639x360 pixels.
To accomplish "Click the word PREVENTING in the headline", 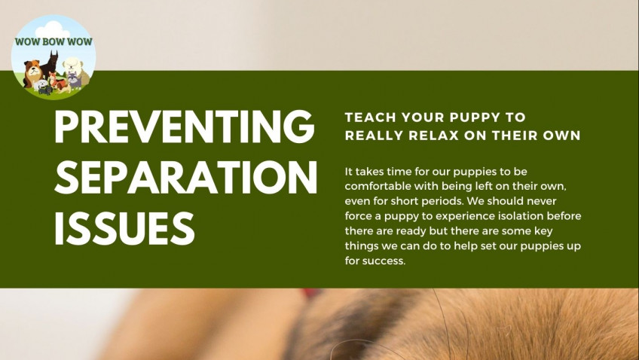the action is (x=184, y=127).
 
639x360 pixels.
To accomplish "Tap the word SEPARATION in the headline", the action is (x=186, y=177).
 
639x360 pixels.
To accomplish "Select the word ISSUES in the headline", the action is (x=124, y=228).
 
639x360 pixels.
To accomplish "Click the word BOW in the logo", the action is (x=54, y=41).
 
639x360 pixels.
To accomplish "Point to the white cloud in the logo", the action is (x=53, y=29).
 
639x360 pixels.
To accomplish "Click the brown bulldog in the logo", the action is (x=32, y=72).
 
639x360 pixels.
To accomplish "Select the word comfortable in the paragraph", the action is (x=378, y=186).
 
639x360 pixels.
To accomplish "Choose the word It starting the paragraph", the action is (x=348, y=172).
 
